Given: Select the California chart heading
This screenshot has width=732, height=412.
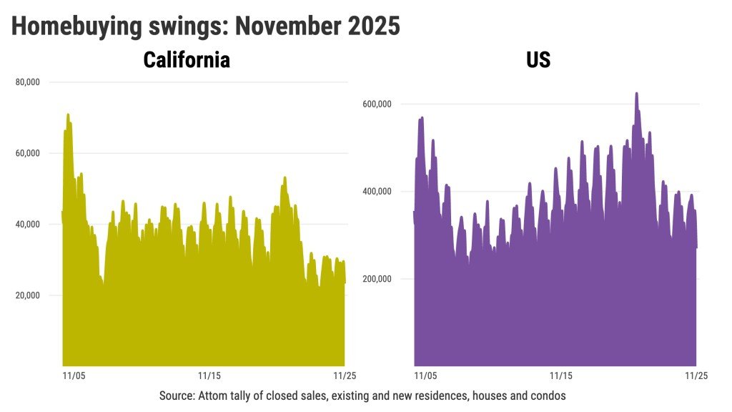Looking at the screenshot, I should [x=187, y=59].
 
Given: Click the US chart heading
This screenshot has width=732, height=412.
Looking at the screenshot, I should [x=538, y=59].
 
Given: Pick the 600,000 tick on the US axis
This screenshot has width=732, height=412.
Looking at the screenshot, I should [x=376, y=104].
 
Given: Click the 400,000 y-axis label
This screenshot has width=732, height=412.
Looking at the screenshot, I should [x=376, y=192].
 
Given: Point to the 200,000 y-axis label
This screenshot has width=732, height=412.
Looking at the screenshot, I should [x=376, y=279].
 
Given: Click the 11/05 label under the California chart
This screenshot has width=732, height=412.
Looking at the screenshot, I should [x=74, y=376].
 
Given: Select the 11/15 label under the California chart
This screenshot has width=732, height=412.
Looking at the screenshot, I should [x=209, y=376].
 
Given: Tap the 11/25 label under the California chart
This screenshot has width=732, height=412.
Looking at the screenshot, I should [x=344, y=376].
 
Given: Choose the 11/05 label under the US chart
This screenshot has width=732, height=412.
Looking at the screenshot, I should [x=425, y=376].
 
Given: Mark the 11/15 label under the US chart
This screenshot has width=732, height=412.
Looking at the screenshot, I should [x=560, y=376].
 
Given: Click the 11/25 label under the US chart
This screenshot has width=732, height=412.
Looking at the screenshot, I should [x=696, y=376].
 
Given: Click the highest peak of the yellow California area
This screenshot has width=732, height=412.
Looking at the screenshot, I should [x=68, y=114].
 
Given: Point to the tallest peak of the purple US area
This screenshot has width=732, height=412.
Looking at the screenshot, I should [x=636, y=93].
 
